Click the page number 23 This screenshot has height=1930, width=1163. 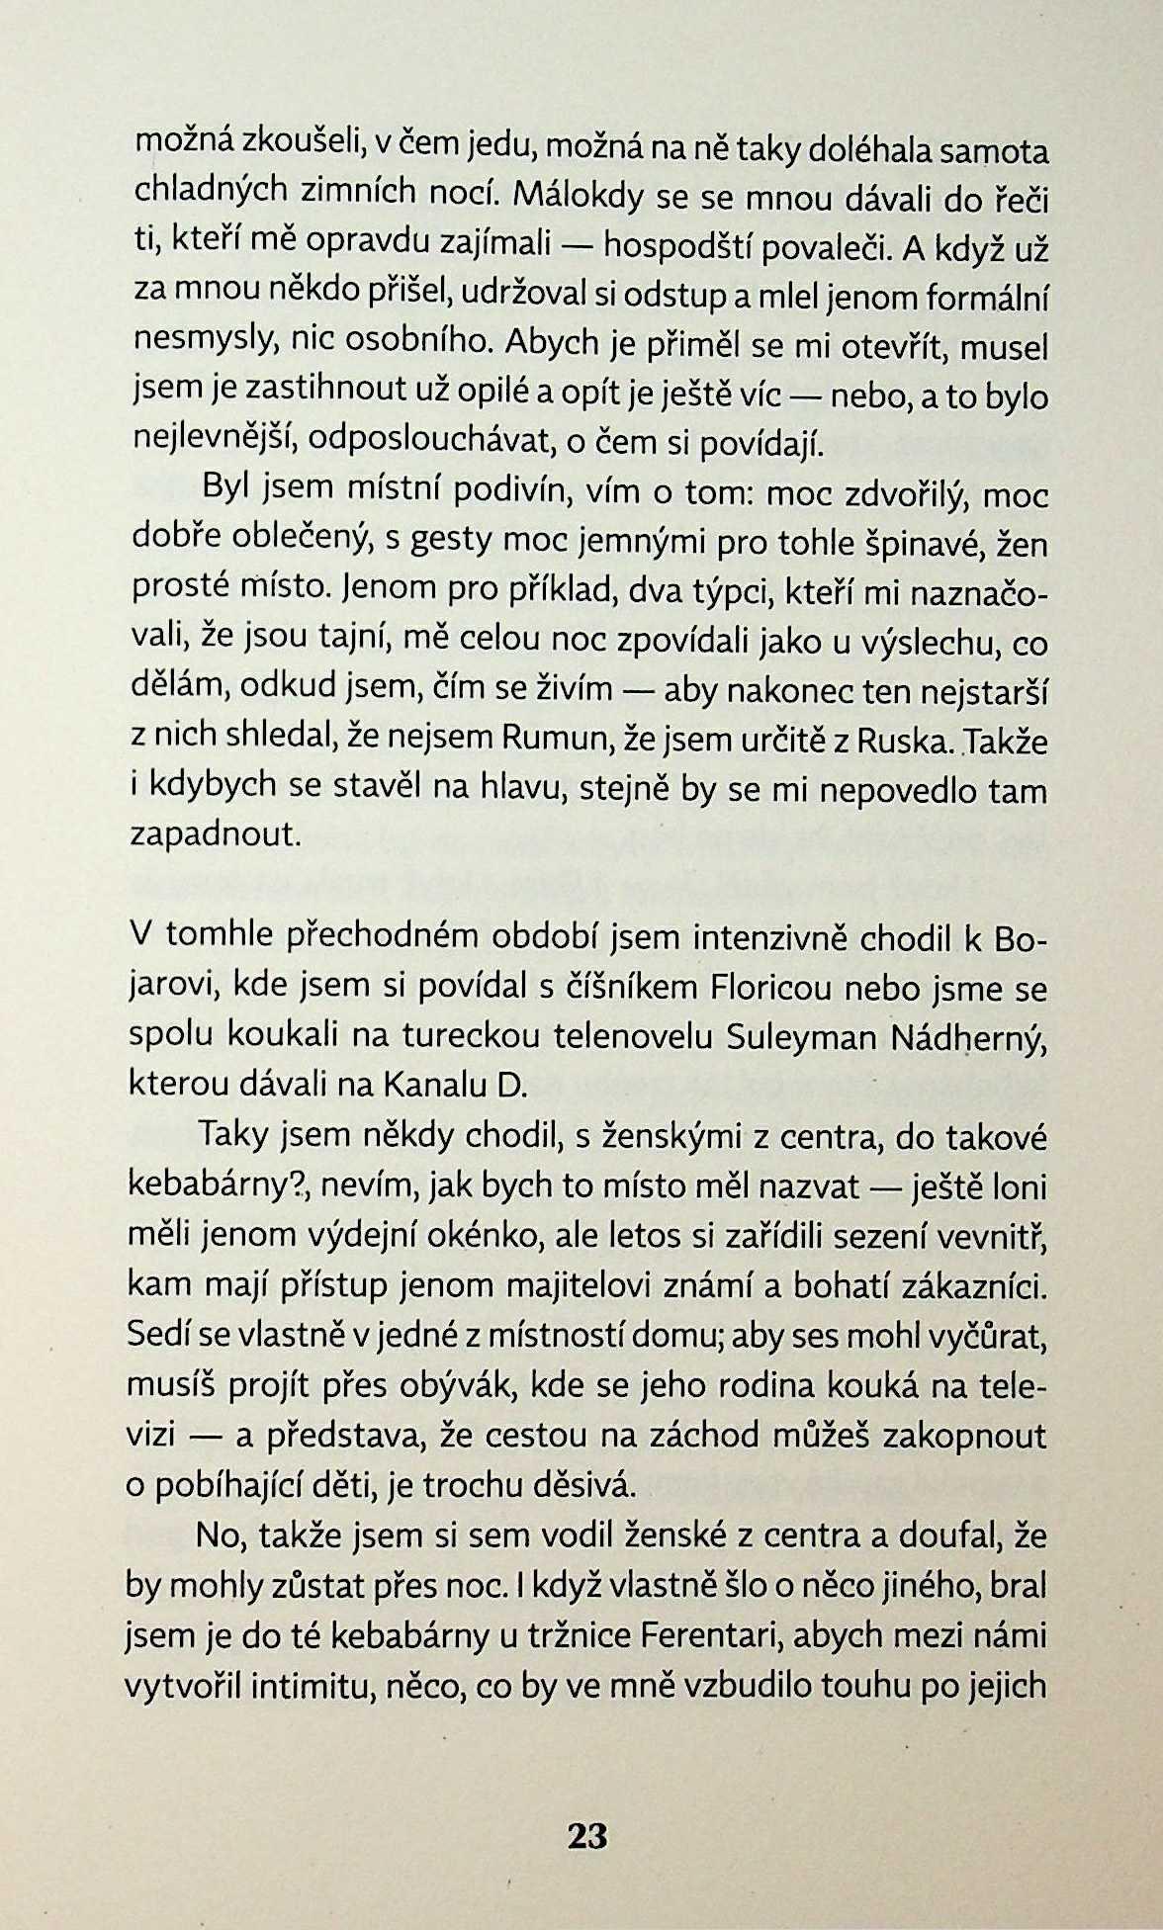tap(586, 1836)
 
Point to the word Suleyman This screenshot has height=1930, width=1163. tap(801, 1036)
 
